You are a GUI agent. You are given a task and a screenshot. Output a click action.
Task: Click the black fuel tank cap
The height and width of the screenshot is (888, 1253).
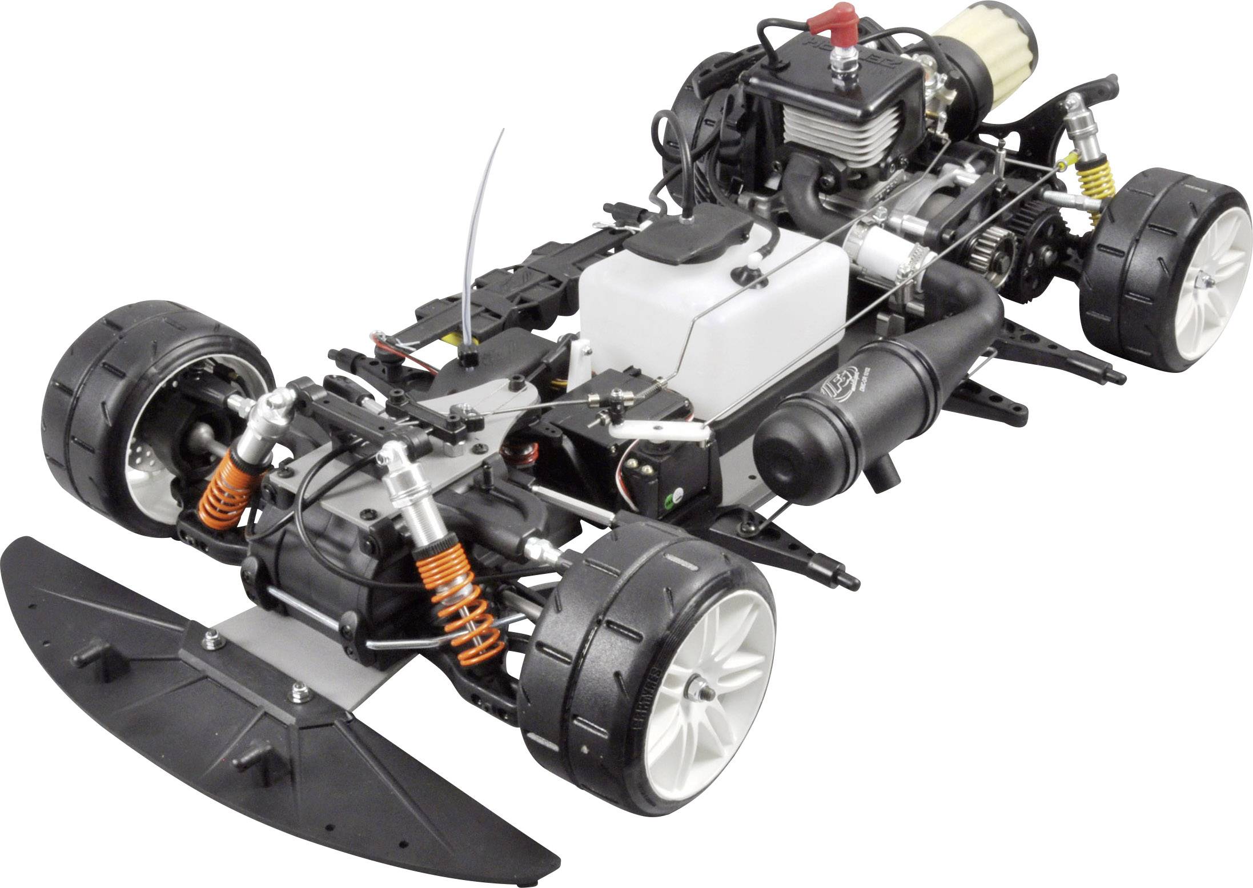(x=685, y=240)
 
